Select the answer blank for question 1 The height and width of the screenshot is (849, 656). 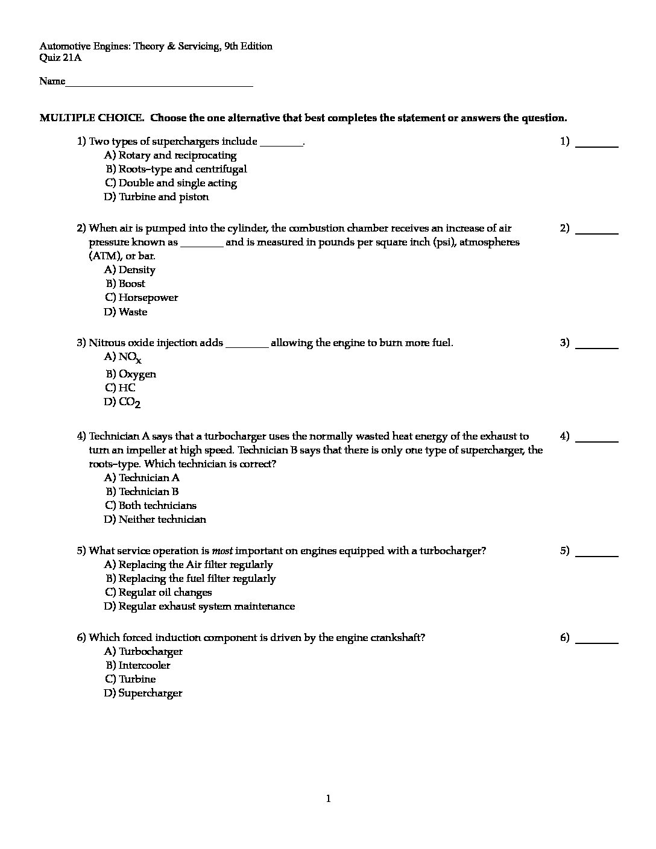[597, 145]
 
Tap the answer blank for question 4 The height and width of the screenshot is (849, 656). [597, 440]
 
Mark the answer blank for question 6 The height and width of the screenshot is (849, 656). [597, 642]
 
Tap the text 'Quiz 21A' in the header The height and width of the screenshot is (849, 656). [60, 58]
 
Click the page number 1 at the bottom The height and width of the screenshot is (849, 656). [328, 800]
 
